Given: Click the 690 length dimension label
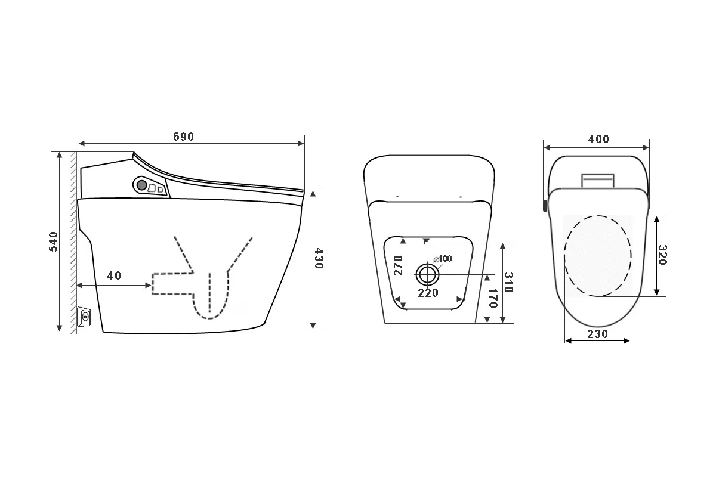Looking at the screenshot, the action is (184, 137).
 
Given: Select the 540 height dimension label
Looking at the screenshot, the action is (53, 241).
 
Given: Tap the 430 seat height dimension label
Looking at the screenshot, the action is (319, 258).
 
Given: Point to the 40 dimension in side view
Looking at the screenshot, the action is (114, 275).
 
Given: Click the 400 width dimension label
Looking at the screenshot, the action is (598, 139).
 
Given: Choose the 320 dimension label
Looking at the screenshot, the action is (663, 255).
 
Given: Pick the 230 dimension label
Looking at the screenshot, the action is (597, 334).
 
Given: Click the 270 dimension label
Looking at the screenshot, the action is (398, 265).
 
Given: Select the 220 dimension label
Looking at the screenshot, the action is (428, 293).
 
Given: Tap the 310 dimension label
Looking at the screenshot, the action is (508, 282).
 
